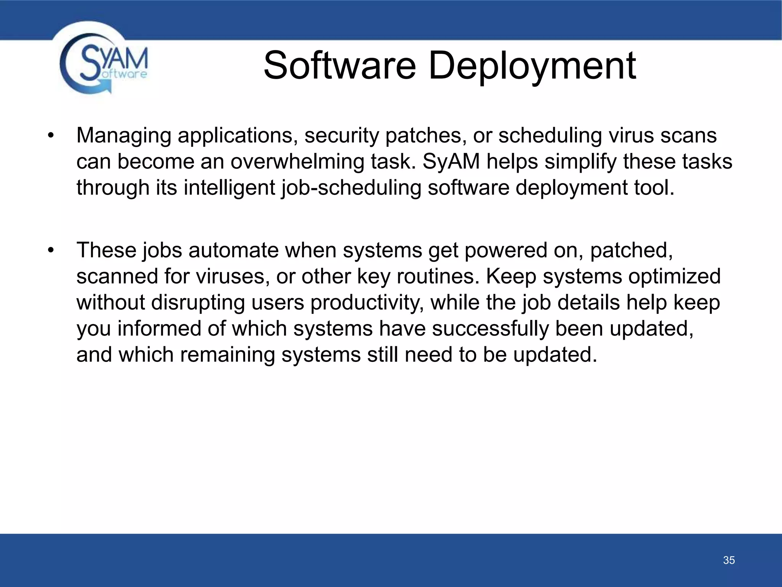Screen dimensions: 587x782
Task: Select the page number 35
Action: (729, 560)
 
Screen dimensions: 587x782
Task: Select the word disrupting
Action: (198, 302)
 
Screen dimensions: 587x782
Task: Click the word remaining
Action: (228, 355)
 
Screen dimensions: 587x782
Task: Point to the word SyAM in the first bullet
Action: (451, 162)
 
